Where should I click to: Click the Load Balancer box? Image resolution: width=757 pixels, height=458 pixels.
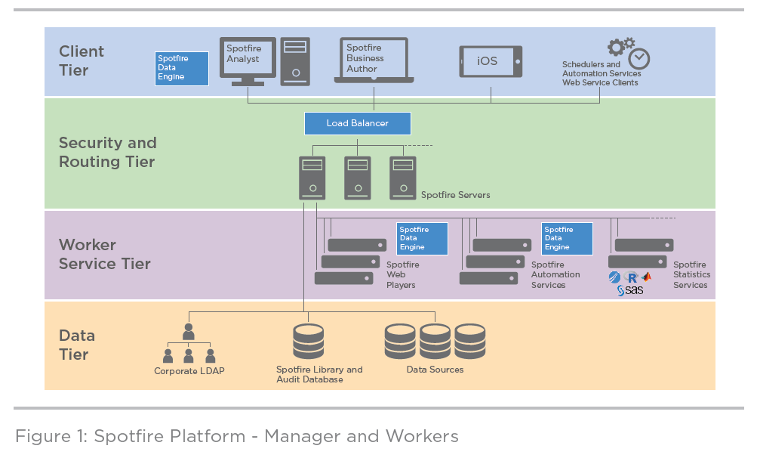coord(358,123)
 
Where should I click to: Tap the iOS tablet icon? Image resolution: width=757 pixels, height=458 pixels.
coord(491,61)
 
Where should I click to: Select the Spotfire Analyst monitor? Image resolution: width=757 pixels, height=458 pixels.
coord(248,57)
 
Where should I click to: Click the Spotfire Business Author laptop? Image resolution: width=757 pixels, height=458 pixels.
coord(374,59)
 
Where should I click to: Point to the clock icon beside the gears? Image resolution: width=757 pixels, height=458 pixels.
coord(639,58)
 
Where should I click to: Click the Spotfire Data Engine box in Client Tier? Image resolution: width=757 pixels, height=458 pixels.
coord(181,68)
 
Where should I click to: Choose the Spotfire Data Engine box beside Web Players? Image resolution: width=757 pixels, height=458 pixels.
coord(422,238)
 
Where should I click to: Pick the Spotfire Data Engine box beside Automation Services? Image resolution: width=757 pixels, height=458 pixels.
coord(567,238)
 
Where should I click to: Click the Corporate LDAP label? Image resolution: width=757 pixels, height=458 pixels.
coord(189,371)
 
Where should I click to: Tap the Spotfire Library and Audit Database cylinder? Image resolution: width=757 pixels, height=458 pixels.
coord(308,342)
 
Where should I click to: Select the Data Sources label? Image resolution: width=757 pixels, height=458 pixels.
coord(435,370)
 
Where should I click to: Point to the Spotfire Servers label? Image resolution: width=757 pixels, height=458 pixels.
coord(455,195)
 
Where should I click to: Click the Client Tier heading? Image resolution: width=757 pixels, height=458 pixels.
coord(82,60)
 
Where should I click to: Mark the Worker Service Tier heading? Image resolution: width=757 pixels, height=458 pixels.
coord(105,254)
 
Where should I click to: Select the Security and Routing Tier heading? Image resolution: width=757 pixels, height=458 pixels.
coord(108,152)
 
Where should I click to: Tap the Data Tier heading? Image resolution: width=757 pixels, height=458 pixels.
coord(77,345)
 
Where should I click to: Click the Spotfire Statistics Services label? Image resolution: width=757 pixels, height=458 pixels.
coord(690,275)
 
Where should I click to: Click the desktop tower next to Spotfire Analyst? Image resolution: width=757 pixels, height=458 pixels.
coord(295,61)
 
